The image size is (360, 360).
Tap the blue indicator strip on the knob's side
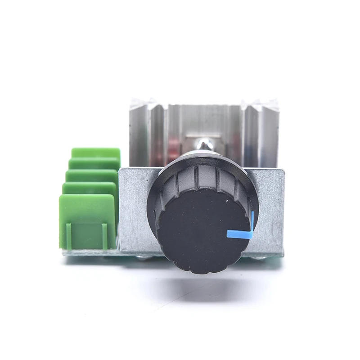(x=253, y=220)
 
